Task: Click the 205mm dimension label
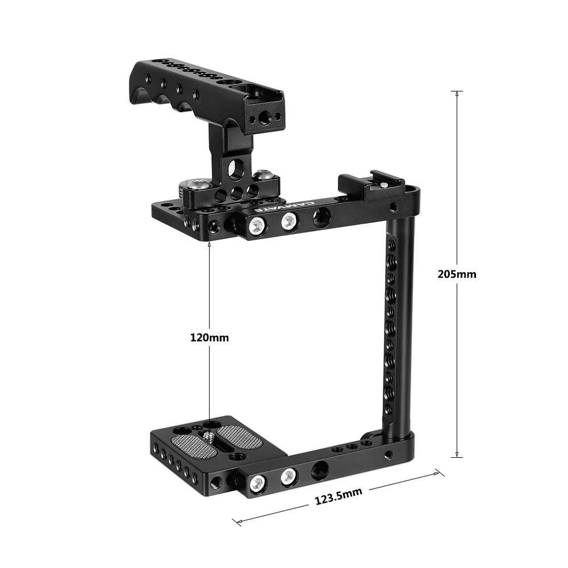457,274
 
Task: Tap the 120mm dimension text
209,338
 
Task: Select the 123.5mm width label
338,497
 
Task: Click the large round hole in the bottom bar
320,469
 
